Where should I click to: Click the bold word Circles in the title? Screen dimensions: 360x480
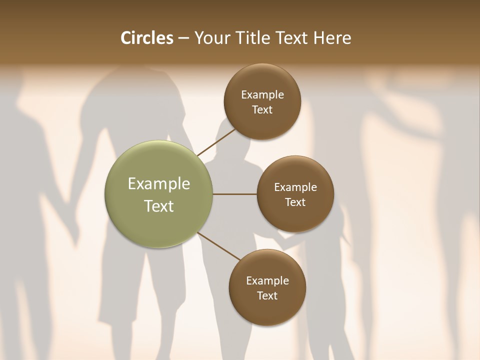(x=146, y=38)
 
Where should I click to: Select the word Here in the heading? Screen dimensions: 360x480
(x=332, y=38)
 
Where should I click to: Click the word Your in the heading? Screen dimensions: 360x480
(x=212, y=38)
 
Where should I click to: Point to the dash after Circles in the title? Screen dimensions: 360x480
(x=183, y=38)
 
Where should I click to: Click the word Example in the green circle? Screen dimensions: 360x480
(x=159, y=184)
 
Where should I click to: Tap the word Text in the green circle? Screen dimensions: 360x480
(x=159, y=206)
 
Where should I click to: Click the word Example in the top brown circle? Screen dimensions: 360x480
(x=262, y=95)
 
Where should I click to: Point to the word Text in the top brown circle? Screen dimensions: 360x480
(x=262, y=110)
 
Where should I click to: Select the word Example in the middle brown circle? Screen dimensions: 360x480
(x=295, y=187)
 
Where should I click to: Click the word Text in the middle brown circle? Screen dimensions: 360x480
(x=295, y=202)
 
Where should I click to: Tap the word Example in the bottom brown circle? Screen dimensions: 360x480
(x=267, y=281)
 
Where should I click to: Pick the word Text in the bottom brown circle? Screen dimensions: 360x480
(x=267, y=296)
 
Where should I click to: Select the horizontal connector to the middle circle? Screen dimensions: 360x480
(x=234, y=194)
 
